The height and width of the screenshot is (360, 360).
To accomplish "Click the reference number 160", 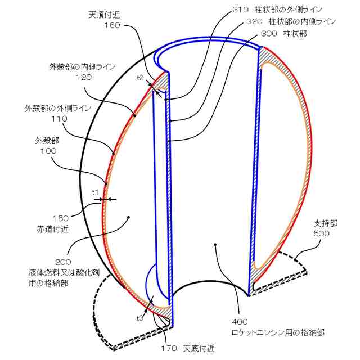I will tap(112, 25).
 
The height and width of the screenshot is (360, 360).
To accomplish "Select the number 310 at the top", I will tap(239, 10).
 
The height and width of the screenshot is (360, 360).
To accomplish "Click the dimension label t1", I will tap(96, 192).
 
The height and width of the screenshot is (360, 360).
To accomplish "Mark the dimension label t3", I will tap(139, 318).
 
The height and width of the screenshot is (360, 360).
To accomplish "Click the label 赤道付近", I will tap(53, 228).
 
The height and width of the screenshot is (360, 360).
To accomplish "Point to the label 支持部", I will tap(325, 223).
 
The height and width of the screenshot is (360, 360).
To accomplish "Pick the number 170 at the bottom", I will tap(169, 348).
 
